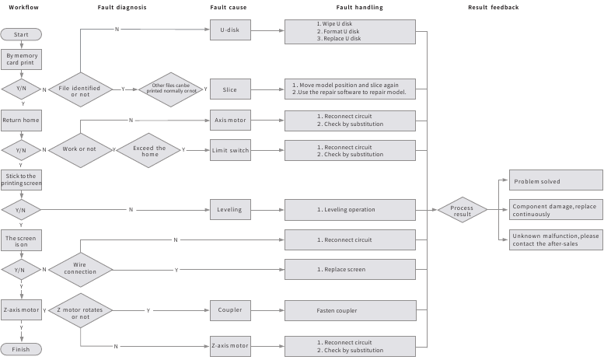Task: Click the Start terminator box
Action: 21,34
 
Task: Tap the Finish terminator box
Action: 21,349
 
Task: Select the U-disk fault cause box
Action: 230,30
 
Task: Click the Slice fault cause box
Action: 230,89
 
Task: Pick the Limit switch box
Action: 230,150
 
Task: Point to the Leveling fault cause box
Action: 230,210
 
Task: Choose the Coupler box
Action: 230,310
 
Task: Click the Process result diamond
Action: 463,210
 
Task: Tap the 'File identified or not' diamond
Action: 80,90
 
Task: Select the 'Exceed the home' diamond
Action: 148,150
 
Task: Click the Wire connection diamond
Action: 80,270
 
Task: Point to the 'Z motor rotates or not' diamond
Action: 80,311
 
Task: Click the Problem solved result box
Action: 556,180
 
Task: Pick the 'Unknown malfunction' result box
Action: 556,239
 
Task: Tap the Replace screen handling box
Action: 350,270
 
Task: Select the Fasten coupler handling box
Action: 351,311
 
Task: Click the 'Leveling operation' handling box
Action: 350,210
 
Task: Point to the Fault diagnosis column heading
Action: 122,7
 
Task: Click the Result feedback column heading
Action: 494,7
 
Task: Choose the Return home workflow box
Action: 21,121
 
